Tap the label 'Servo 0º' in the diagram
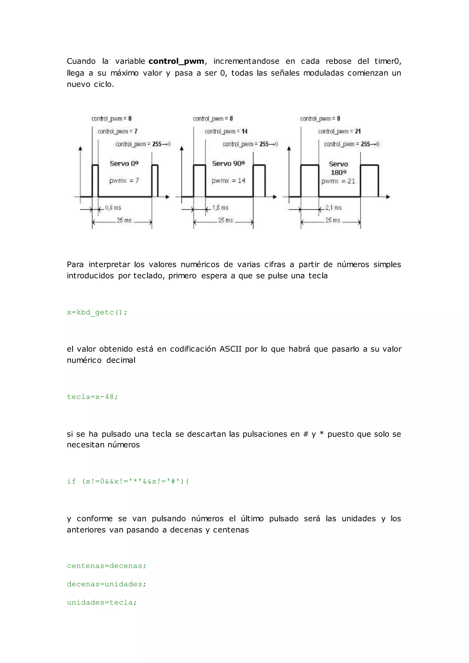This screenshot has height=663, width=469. click(124, 164)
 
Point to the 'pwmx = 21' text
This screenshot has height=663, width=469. click(338, 181)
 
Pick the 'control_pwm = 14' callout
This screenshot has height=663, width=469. click(226, 131)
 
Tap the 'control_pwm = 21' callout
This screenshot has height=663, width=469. click(339, 131)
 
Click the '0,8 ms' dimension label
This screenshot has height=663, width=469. click(113, 208)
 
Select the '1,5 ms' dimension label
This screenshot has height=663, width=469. click(220, 208)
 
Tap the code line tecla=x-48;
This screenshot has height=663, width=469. click(93, 397)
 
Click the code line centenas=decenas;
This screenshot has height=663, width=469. click(106, 566)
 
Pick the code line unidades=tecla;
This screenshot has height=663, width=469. click(102, 603)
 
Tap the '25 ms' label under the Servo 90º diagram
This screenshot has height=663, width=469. click(226, 220)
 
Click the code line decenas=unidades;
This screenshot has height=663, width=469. click(106, 584)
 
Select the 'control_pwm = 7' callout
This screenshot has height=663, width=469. click(117, 131)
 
